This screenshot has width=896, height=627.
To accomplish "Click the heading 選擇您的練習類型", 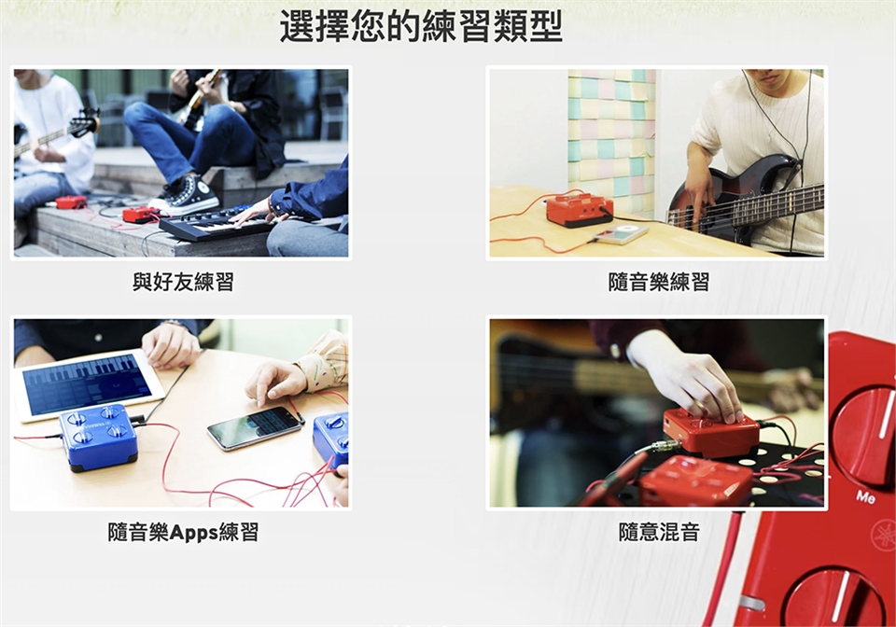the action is (421, 26).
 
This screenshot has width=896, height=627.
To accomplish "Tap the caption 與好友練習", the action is (183, 282).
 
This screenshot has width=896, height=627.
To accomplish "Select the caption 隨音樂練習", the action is (658, 282).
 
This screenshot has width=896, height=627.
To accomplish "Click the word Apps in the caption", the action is (194, 533).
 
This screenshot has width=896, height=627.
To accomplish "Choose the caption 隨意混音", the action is (659, 532).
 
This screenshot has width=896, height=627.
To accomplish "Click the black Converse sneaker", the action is (184, 195).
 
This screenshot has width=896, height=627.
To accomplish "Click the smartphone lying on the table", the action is (255, 428).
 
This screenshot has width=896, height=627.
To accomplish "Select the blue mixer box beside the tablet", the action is (99, 438).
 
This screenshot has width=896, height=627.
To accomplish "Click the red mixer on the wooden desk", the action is (580, 210).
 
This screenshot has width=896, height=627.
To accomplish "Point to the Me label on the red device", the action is (866, 497).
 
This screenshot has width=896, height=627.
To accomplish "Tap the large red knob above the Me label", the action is (863, 432).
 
